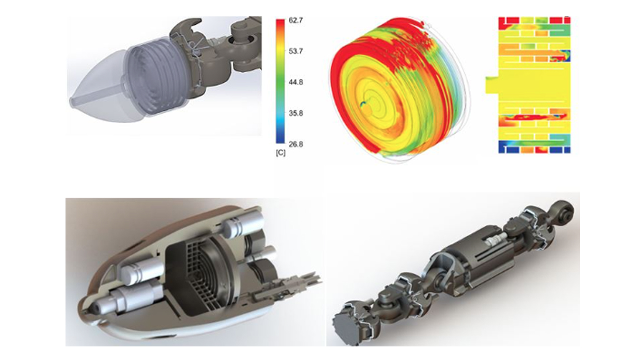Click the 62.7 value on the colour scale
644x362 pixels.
(295, 21)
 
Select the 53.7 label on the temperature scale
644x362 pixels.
(295, 51)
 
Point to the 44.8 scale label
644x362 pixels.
(295, 82)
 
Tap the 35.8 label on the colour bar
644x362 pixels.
(295, 113)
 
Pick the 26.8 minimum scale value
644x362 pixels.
(295, 144)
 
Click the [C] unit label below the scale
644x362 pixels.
(281, 153)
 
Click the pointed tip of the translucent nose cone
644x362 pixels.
(71, 100)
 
